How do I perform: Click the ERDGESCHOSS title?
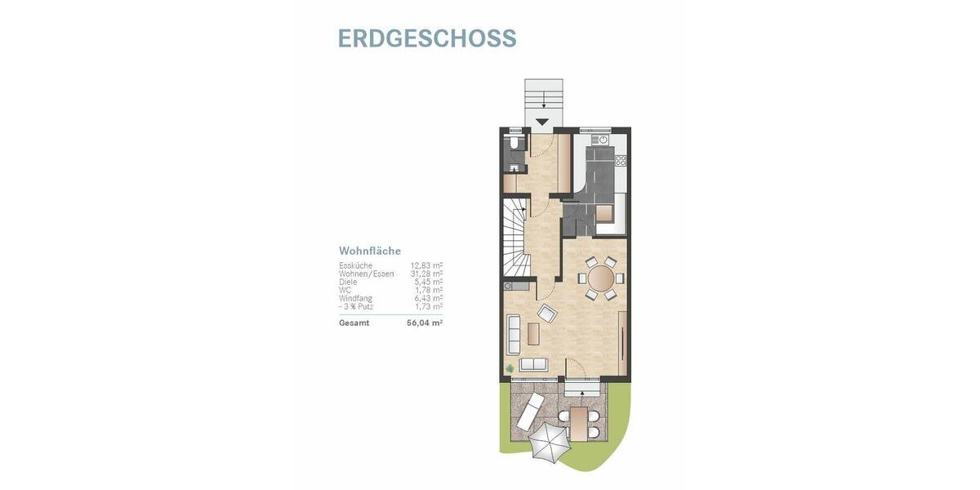pos(426,38)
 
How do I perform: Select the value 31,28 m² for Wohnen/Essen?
pos(426,274)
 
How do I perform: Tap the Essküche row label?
pos(356,265)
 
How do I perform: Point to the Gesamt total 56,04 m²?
pos(425,323)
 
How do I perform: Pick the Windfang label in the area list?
pos(356,298)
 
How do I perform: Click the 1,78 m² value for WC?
pos(429,290)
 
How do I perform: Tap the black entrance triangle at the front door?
pos(542,122)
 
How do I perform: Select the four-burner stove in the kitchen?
pos(621,159)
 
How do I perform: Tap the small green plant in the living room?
pos(510,370)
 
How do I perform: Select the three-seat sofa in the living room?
pos(514,332)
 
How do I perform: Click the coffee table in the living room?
pos(533,334)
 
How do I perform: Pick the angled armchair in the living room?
pos(546,311)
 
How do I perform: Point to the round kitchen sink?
pos(602,140)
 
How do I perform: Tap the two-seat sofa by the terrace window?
pos(534,363)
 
